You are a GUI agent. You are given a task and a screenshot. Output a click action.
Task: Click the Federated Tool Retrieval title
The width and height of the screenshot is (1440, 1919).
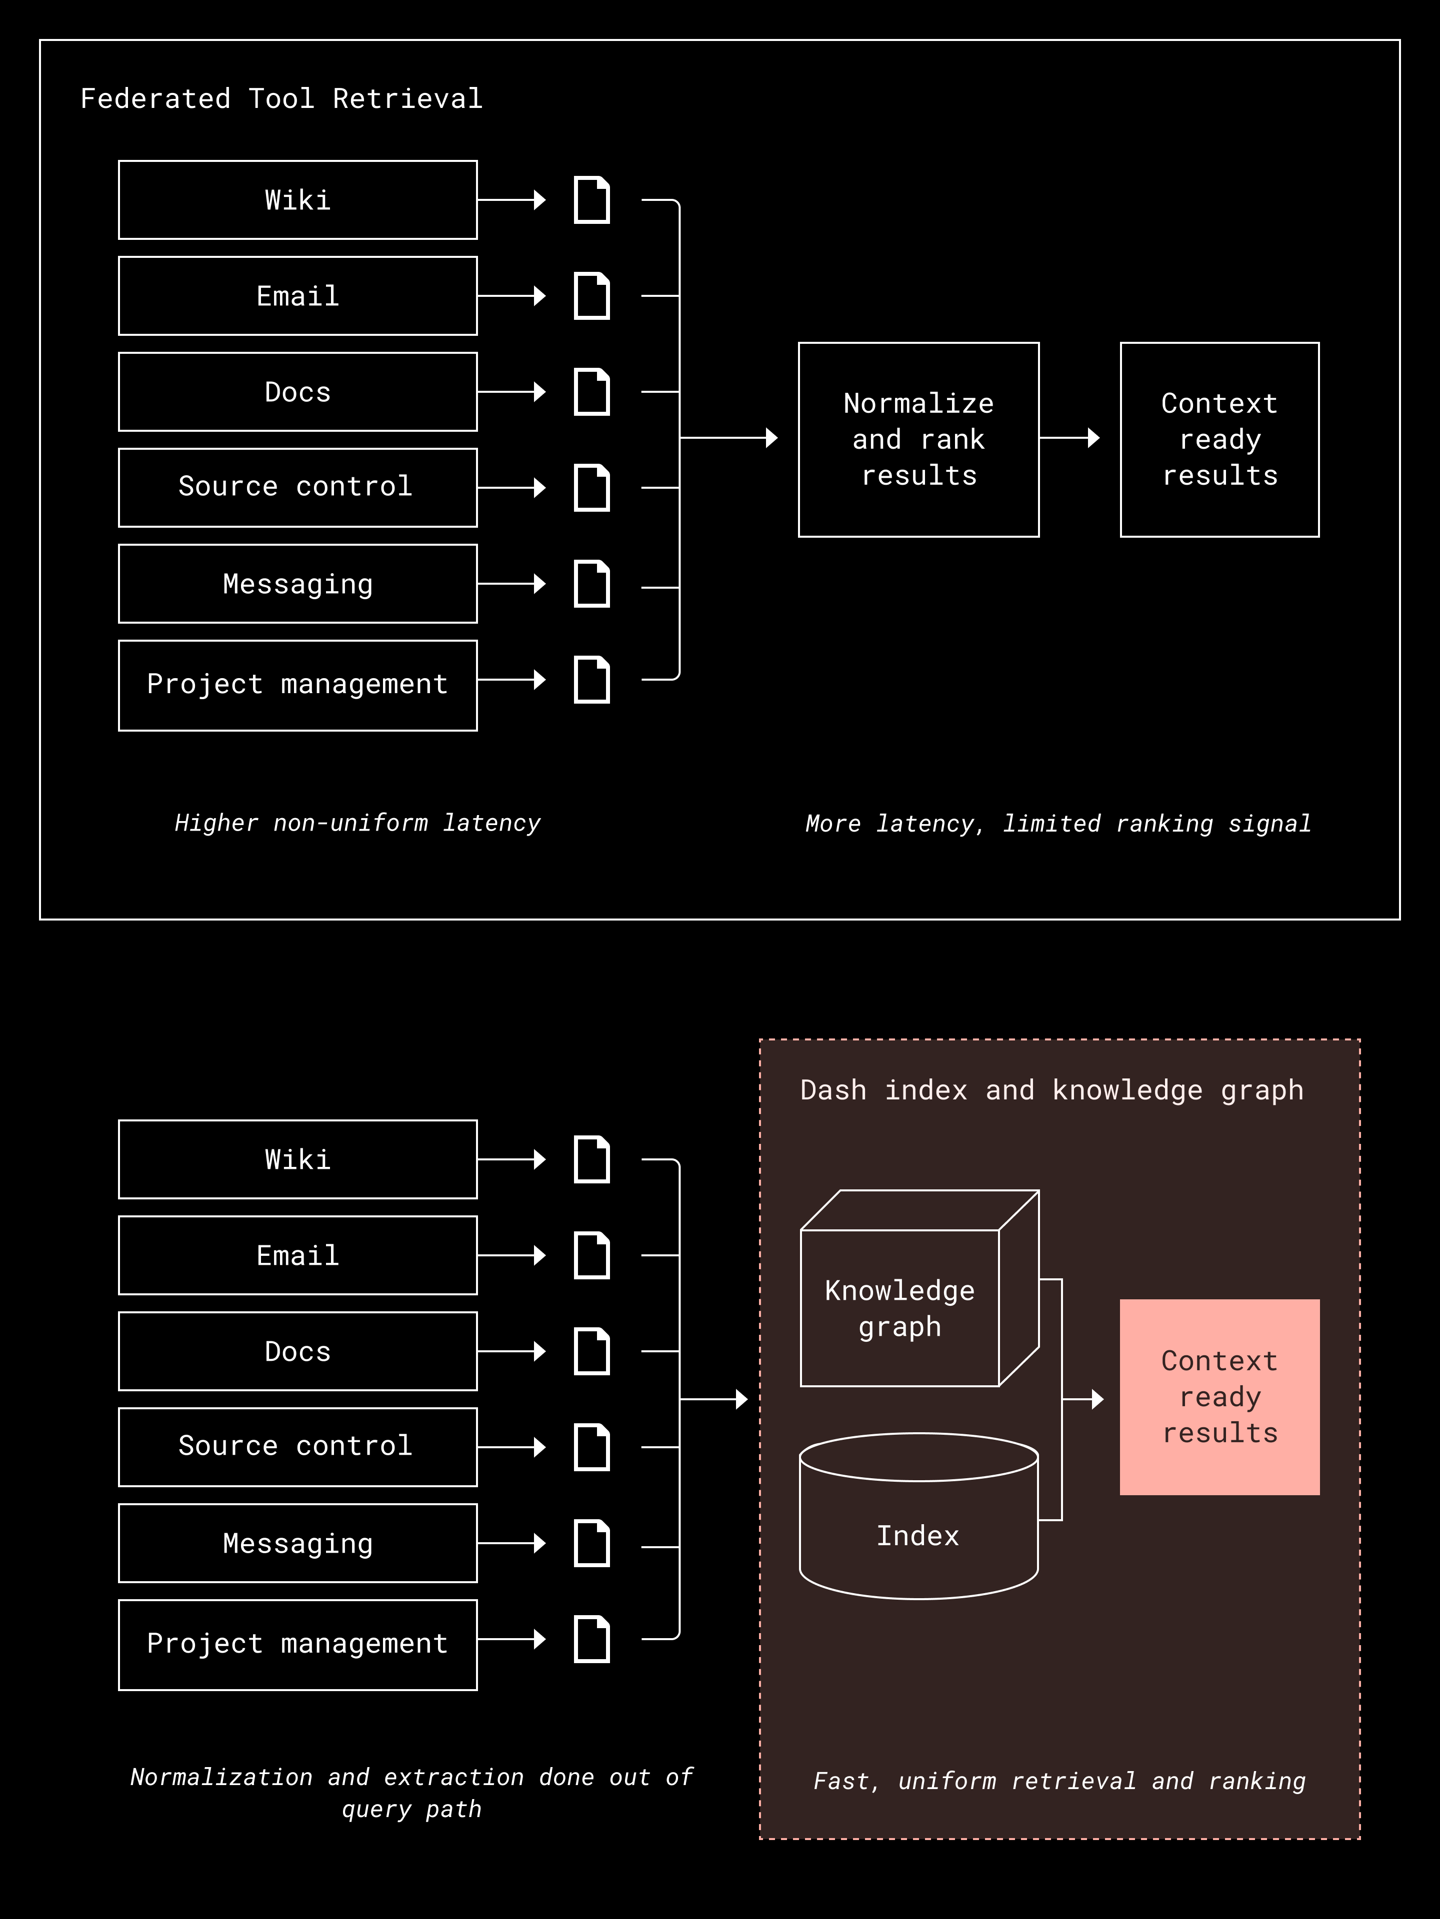tap(281, 99)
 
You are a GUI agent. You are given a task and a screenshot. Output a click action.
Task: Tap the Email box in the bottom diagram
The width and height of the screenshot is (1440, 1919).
tap(297, 1255)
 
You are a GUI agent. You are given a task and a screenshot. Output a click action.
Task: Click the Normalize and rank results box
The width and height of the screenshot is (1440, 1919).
tap(918, 440)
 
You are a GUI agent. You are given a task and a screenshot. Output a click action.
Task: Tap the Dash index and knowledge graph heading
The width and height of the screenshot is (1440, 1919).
tap(1051, 1090)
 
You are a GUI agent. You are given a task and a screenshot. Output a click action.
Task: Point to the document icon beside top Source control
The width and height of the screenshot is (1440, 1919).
tap(592, 488)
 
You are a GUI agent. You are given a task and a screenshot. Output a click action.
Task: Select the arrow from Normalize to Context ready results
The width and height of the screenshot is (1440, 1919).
tap(1069, 438)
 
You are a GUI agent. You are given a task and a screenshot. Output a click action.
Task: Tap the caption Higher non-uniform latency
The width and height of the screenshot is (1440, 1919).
tap(357, 823)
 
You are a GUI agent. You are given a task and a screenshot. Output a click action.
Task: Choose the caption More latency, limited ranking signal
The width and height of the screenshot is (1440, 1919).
tap(1058, 823)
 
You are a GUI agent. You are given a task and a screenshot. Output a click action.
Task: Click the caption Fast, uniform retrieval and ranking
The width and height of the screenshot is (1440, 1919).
tap(1059, 1781)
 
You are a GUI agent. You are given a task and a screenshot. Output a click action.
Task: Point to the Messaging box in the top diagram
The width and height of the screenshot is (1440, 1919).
tap(297, 584)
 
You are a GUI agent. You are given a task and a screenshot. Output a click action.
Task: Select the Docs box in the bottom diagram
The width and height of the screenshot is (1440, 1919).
tap(297, 1352)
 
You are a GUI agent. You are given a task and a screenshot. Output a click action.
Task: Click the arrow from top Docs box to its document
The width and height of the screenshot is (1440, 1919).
tap(512, 392)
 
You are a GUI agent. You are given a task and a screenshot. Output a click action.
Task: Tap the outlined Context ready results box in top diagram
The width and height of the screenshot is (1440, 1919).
tap(1219, 440)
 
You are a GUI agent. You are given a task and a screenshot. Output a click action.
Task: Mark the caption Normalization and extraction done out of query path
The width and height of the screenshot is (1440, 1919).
tap(411, 1793)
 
